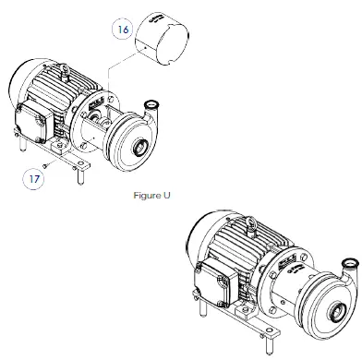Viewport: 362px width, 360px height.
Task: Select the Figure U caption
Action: pyautogui.click(x=153, y=196)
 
